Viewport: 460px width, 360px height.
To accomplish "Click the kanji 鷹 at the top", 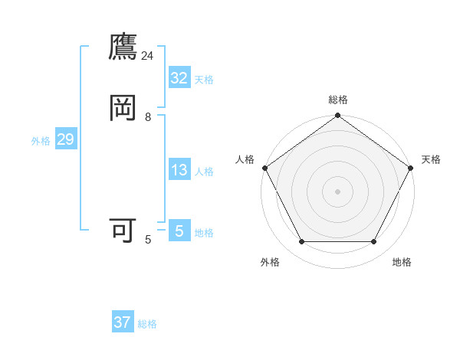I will (x=123, y=48).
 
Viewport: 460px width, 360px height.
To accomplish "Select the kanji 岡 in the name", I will (x=123, y=108).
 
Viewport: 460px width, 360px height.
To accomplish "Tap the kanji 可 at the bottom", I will (x=123, y=230).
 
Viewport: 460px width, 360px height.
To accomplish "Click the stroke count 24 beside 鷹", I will (x=147, y=56).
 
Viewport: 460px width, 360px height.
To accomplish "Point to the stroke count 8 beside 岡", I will (x=148, y=117).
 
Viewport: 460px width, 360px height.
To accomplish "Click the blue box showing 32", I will (x=179, y=78).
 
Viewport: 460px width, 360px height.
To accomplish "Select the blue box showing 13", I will (x=179, y=171).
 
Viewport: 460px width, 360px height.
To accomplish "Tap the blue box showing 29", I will (x=65, y=139).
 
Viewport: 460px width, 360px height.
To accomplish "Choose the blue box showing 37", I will (x=123, y=322).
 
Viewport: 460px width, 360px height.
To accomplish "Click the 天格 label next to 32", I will (x=204, y=79).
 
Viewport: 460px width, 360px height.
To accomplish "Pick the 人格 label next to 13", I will (x=204, y=172).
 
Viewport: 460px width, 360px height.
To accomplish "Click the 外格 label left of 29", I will (x=41, y=140).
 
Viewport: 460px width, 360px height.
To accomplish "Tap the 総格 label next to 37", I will (x=147, y=323).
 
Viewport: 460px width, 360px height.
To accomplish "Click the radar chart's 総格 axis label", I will (x=338, y=100).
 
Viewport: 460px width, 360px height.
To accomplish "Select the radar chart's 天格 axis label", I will (x=432, y=159).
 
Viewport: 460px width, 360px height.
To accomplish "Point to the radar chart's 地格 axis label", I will (x=402, y=262).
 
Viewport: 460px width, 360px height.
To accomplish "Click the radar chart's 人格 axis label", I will (x=245, y=159).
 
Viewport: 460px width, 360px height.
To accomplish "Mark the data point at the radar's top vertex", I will (x=338, y=116).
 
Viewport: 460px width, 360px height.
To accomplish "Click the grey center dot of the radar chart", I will (x=338, y=191).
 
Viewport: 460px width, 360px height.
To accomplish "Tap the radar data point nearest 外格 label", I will (x=301, y=242).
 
